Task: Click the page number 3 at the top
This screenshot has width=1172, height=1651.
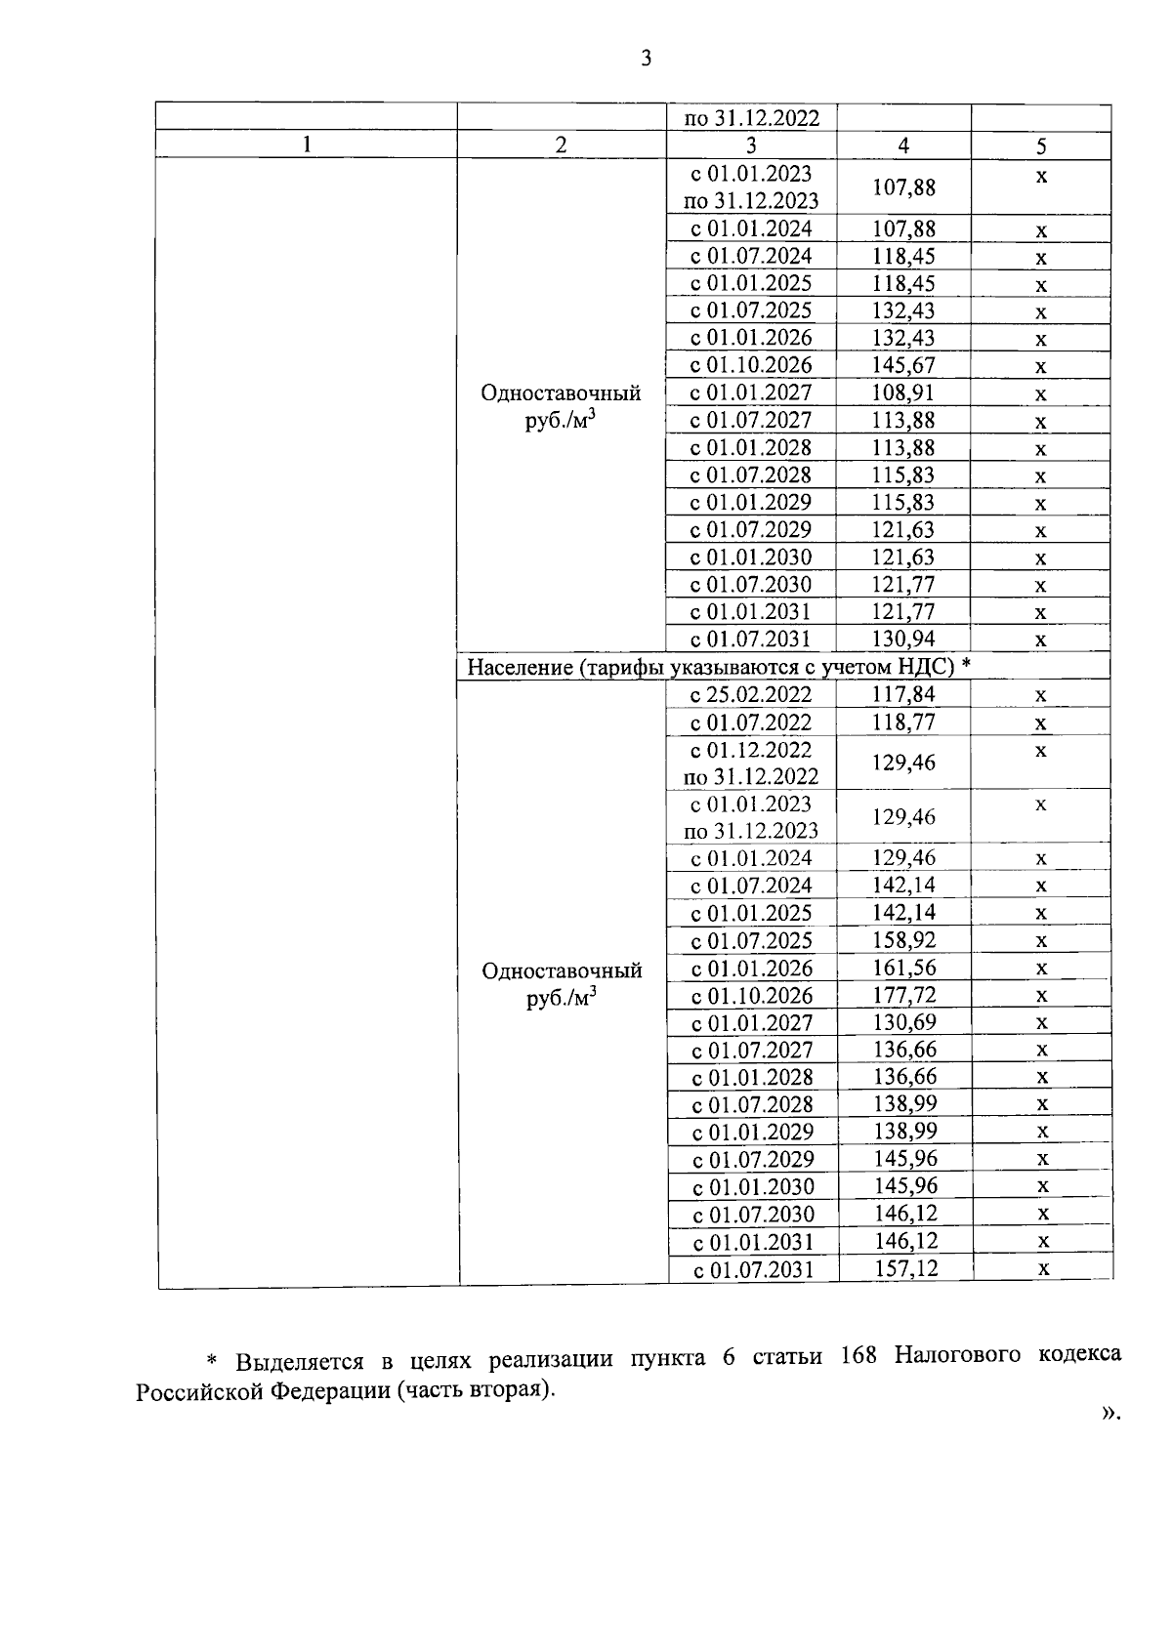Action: pos(646,59)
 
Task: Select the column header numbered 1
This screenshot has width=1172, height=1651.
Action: pos(307,144)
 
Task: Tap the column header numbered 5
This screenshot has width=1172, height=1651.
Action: pos(1041,146)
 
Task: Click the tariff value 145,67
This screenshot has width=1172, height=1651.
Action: pos(903,365)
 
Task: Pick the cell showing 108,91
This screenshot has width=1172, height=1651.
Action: pos(903,392)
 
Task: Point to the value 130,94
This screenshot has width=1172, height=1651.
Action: pos(903,639)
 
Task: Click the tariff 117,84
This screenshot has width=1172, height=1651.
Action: pos(903,694)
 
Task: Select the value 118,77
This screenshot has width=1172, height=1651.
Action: pos(903,722)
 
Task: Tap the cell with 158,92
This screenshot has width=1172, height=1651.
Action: pos(903,940)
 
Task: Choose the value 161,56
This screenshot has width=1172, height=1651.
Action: pos(903,968)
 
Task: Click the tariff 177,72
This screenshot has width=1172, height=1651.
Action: pos(903,995)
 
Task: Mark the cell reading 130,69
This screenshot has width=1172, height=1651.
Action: pos(903,1022)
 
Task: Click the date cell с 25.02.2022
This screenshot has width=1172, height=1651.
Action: pos(751,694)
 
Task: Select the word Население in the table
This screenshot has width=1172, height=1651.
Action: pos(518,667)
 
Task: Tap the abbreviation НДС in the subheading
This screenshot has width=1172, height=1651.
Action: pos(929,667)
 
